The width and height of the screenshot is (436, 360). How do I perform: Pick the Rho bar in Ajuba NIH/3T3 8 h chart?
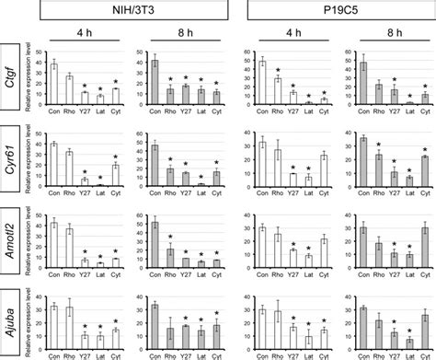click(x=169, y=335)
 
